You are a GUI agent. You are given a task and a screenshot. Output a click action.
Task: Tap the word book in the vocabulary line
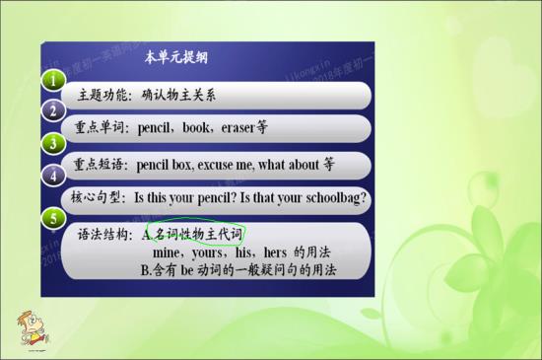(x=187, y=128)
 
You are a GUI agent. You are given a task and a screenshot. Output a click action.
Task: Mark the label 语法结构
(x=104, y=236)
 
